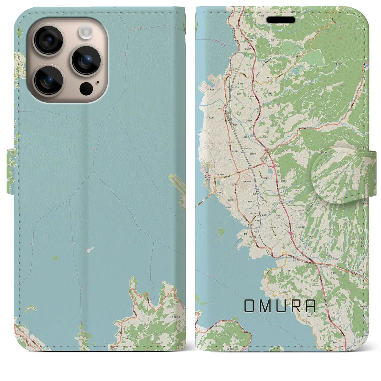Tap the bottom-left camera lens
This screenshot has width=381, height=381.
pos(48,80)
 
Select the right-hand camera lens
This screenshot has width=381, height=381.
pos(86,60)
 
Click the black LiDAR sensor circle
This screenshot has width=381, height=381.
pos(86,88)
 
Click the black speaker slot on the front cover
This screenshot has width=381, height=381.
pos(281,20)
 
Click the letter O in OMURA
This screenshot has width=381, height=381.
pos(249,306)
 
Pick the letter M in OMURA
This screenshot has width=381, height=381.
pos(266,306)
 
